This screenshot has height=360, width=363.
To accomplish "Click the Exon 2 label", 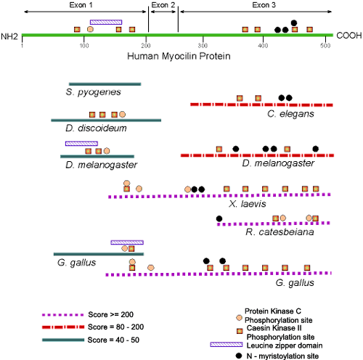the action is coord(163,5).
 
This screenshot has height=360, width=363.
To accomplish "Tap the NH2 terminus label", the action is coord(9,36).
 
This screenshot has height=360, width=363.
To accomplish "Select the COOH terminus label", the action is coord(349,36).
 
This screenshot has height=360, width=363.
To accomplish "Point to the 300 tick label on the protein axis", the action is coord(203,46).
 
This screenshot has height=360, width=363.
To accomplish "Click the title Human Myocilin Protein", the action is coord(179,56).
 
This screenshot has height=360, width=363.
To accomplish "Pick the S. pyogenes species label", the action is coord(94,92).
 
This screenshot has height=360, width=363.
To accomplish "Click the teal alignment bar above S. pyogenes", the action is coord(105,84).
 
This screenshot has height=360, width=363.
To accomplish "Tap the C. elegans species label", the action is coord(290,114).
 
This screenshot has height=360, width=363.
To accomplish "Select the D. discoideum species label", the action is coord(96,128).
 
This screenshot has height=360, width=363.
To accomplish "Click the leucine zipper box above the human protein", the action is coord(106,22).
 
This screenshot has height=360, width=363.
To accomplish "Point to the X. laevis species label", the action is coord(248,204).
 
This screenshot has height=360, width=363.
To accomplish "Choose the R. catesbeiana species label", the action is coord(280,232).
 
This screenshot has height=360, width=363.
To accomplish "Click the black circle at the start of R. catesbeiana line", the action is coord(219,218).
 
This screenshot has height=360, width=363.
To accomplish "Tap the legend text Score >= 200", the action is coord(111,314).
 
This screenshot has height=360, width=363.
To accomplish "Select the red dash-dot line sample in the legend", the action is coord(63,327).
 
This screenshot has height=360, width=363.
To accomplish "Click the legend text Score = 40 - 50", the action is coord(113,340).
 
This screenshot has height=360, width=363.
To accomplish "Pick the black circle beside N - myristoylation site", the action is coord(239,356).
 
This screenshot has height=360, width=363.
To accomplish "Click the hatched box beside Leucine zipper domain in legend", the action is coord(227,344).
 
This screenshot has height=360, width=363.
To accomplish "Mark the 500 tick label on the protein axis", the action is coord(325,46).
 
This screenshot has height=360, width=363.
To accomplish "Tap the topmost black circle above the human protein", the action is coord(294,23).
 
